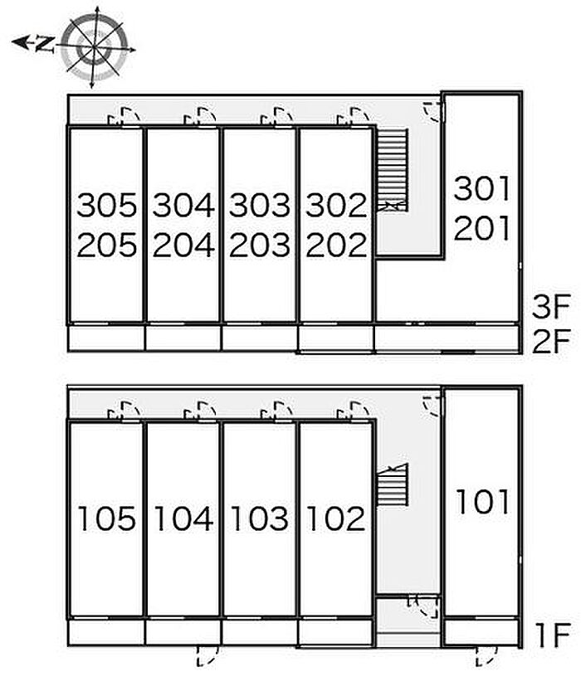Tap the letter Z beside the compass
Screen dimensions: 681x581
point(46,44)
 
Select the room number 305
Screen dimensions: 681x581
point(106,204)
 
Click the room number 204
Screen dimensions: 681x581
point(183,245)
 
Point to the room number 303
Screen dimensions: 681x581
point(260,204)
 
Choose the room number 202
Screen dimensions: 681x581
point(336,245)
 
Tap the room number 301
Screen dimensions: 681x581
point(481,189)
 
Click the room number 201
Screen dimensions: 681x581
point(481,230)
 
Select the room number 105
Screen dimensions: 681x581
point(106,518)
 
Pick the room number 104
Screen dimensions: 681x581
point(183,518)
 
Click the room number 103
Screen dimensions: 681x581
point(260,518)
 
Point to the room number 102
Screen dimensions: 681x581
point(336,518)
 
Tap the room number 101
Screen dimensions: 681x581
point(481,501)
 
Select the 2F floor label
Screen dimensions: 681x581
point(549,341)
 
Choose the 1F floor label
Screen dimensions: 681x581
point(549,636)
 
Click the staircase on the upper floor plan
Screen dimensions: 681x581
point(392,170)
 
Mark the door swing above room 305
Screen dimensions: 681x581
point(124,117)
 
